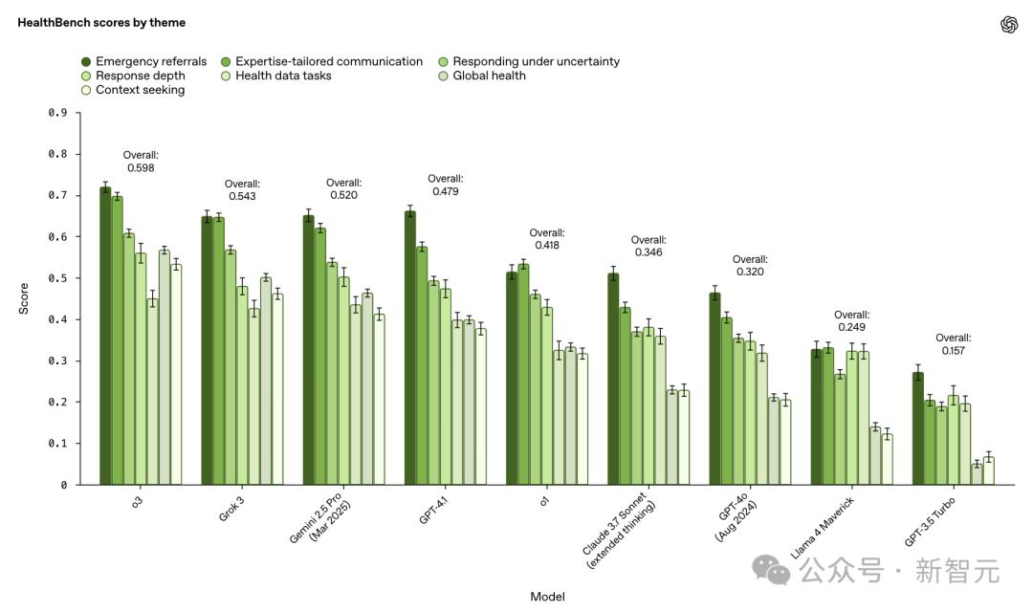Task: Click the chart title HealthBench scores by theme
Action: click(x=101, y=22)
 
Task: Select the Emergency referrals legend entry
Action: click(x=143, y=61)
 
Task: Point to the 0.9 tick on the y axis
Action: click(x=57, y=113)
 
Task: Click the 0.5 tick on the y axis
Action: click(x=57, y=278)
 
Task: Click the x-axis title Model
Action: click(x=547, y=597)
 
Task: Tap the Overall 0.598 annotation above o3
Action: click(x=140, y=161)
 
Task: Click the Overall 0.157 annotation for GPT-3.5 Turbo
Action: click(x=953, y=344)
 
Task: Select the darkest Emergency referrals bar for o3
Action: click(x=105, y=336)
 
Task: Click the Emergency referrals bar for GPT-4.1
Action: click(x=410, y=348)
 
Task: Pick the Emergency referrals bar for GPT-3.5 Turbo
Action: click(x=918, y=428)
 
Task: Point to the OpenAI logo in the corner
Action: click(x=1009, y=25)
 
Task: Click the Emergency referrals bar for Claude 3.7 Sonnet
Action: click(x=613, y=379)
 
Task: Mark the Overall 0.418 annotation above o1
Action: click(x=547, y=239)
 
